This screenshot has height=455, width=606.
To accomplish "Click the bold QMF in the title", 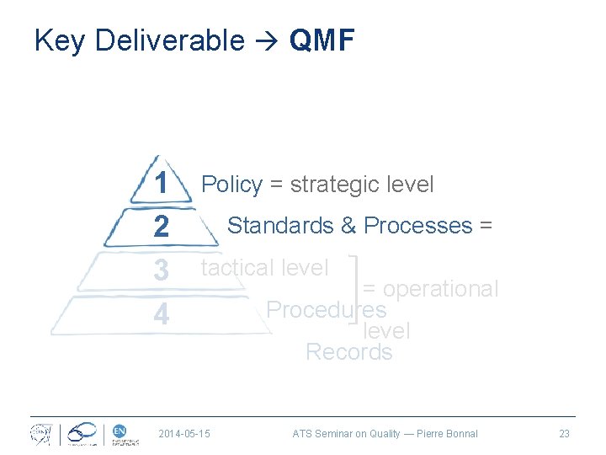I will point(322,40).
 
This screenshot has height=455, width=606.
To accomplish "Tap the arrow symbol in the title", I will point(266,41).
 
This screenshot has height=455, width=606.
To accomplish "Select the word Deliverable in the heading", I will point(170,40).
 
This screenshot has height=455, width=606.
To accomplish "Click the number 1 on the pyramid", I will point(161,184).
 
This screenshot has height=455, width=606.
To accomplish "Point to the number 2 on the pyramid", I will point(161,227).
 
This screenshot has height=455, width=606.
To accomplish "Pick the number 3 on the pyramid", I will point(161,270).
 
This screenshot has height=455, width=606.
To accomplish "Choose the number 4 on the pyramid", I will point(161,315).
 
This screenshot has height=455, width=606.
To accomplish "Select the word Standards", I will point(279,226).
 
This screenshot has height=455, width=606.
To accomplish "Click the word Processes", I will point(418,226).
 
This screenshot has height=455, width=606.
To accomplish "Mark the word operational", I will point(441,289).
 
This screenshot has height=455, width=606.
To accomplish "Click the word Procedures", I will point(326,310).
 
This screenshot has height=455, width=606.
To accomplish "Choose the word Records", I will point(348,351).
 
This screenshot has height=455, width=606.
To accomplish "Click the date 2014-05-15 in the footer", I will point(184,434).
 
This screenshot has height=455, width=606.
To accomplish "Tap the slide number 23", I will point(564,434).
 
